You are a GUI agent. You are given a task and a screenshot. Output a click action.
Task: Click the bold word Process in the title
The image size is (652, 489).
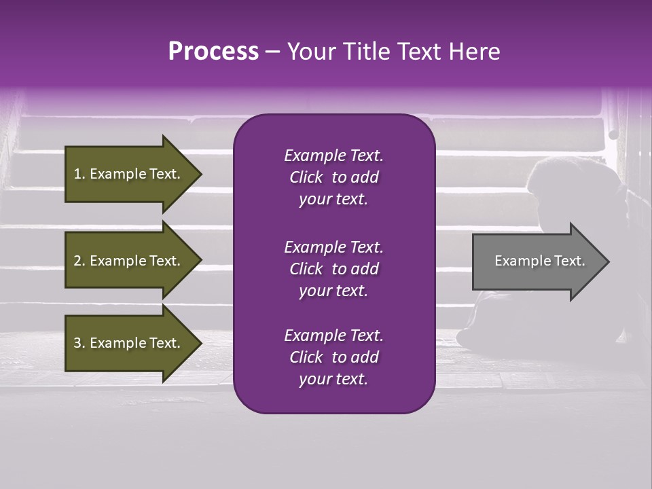(x=213, y=52)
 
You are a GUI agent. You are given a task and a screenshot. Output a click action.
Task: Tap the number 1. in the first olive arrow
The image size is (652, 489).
(x=79, y=174)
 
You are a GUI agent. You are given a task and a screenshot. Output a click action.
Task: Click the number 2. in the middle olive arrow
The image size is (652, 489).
(x=79, y=261)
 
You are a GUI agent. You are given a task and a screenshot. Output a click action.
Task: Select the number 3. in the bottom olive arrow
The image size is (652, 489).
(x=79, y=343)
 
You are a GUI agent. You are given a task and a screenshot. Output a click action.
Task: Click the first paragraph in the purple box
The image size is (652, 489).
(x=333, y=177)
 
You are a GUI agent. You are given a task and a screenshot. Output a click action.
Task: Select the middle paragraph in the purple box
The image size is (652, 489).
(x=333, y=268)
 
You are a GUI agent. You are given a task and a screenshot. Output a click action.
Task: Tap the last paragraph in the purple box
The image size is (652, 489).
(x=333, y=357)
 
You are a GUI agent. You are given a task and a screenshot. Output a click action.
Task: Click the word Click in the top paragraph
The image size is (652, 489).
(x=306, y=177)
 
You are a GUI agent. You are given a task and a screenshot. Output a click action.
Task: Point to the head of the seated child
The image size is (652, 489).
(x=554, y=183)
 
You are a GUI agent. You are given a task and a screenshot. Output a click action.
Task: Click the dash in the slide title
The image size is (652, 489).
(x=272, y=52)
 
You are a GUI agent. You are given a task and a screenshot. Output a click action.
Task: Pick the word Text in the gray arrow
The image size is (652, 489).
(x=569, y=261)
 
